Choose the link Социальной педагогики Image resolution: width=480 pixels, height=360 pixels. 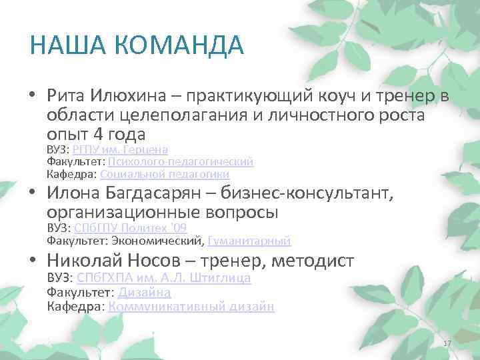point(165,174)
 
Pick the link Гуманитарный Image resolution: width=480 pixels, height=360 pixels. point(249,241)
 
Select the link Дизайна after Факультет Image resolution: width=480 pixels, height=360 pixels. point(145,292)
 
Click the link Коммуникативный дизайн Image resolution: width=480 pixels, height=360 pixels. point(191,307)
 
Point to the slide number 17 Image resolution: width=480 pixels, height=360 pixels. point(447,343)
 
